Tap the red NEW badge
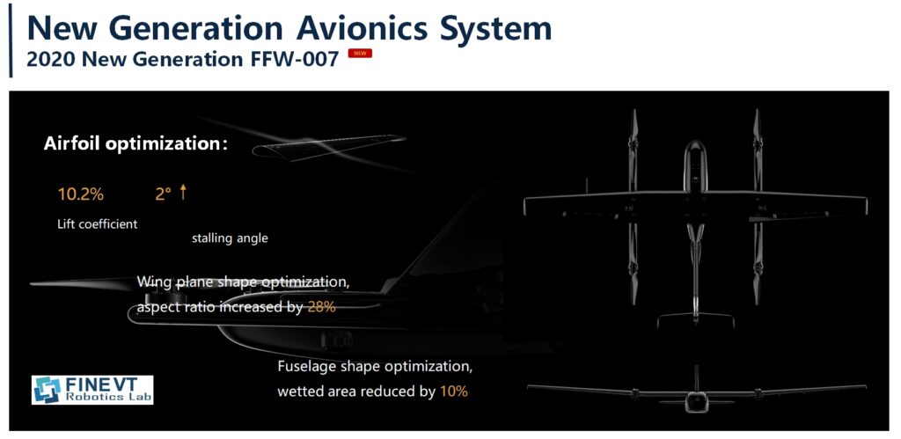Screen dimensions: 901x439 360,54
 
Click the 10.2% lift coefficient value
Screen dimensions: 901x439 80,194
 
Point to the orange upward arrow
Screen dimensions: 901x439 183,192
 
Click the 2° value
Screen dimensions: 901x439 163,194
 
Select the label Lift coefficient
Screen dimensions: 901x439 97,224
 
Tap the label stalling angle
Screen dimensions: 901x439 230,238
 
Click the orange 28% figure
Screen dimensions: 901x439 321,307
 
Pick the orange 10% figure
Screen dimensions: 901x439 454,391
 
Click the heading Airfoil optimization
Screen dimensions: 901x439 136,144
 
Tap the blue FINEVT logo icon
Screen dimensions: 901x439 48,390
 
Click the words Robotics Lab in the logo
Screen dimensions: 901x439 108,397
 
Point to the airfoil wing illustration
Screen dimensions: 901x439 329,147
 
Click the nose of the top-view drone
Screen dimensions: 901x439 695,143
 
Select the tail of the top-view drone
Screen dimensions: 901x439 695,318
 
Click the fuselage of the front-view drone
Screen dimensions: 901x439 696,402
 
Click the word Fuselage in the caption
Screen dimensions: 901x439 306,367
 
